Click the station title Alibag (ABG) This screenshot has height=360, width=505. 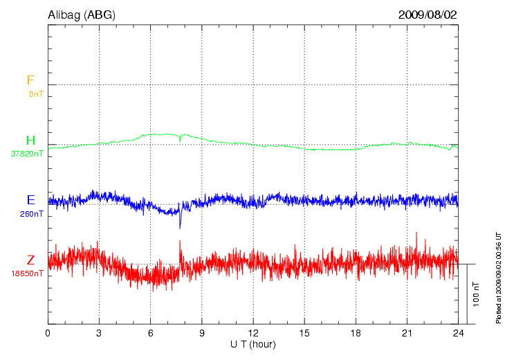[x=82, y=14]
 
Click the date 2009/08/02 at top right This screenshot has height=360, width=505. [x=428, y=14]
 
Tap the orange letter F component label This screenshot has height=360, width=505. [x=30, y=80]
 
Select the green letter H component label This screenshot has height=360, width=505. [x=30, y=141]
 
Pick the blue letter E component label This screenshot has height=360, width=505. [x=30, y=200]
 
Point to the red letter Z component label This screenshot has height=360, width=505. [x=30, y=260]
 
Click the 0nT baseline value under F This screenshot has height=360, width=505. [x=36, y=93]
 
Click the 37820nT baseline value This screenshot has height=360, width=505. [x=28, y=154]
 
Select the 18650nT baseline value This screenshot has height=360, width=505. [x=28, y=273]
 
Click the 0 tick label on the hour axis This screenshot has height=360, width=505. [x=48, y=333]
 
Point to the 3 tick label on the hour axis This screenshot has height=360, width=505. [x=99, y=333]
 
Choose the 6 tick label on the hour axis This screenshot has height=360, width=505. [x=151, y=333]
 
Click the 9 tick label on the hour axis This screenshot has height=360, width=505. [x=202, y=333]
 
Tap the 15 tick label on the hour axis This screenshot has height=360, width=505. [x=304, y=333]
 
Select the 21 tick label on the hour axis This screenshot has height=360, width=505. [x=407, y=333]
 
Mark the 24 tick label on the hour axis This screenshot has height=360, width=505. [x=459, y=333]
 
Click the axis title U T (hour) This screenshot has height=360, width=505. [x=253, y=344]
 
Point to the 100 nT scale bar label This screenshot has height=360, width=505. [x=477, y=294]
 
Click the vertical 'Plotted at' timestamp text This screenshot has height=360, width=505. [x=498, y=277]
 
